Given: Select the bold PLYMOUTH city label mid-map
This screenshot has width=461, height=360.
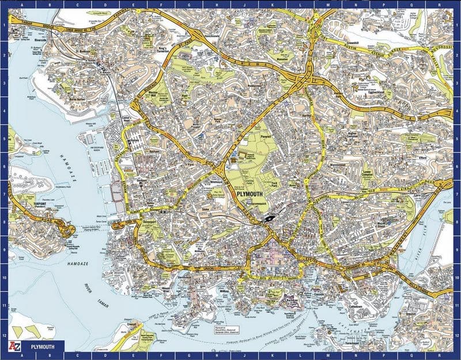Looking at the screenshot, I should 252,195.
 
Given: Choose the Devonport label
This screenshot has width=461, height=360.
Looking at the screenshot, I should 149,219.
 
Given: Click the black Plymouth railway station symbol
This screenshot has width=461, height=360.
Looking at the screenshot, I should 268,218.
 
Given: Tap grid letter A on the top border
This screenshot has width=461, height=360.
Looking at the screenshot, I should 21,5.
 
